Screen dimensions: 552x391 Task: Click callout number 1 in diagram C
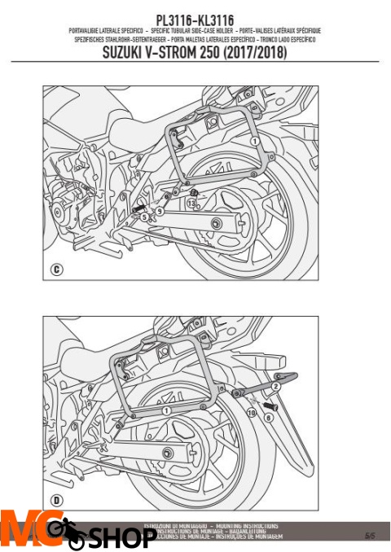point(253,141)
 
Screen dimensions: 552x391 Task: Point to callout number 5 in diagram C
point(143,217)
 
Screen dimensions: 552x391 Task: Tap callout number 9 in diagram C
point(160,212)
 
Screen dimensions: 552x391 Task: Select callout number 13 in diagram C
point(191,203)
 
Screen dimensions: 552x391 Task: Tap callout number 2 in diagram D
point(275,388)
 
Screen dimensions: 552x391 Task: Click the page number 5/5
point(370,535)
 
